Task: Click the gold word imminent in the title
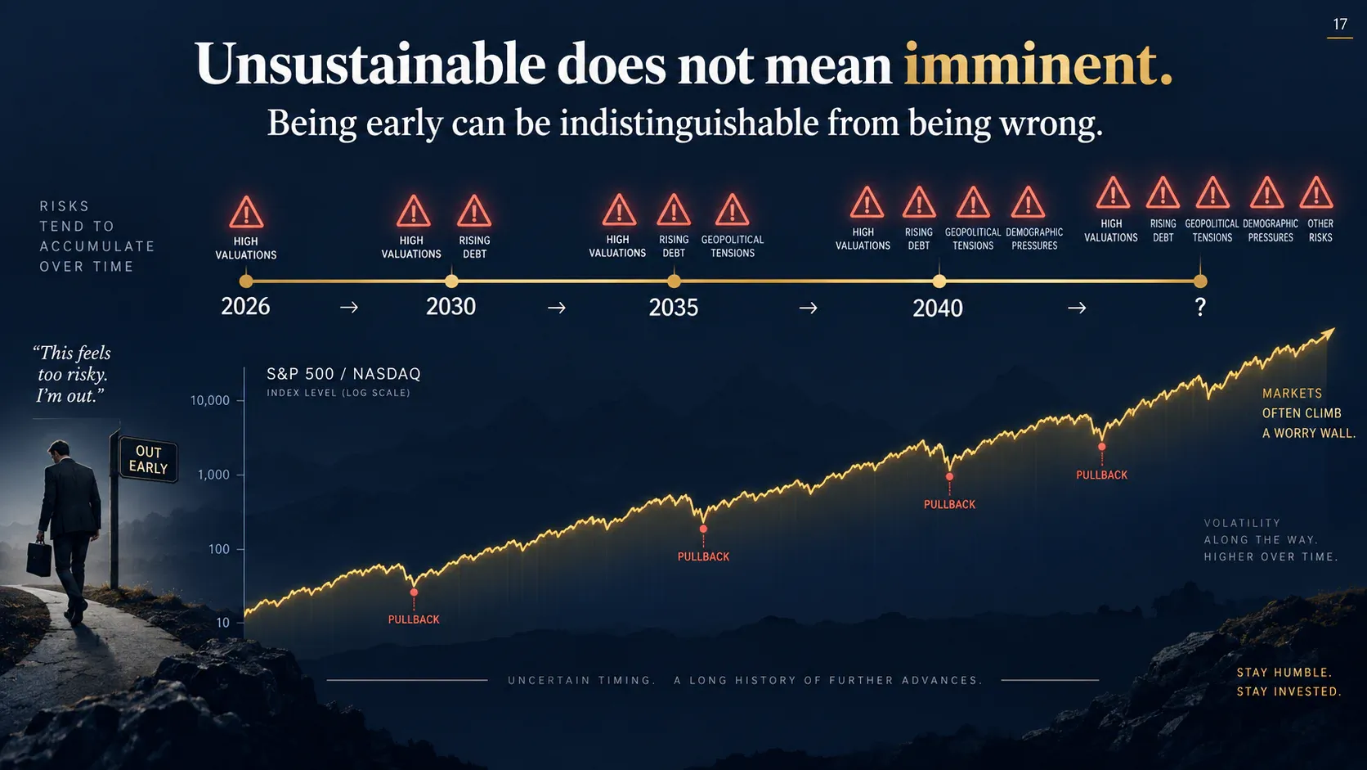pyautogui.click(x=1038, y=64)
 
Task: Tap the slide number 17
pyautogui.click(x=1339, y=25)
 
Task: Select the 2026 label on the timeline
pyautogui.click(x=245, y=307)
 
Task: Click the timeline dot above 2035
pyautogui.click(x=674, y=281)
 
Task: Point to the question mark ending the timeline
pyautogui.click(x=1199, y=307)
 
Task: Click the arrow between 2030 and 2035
pyautogui.click(x=557, y=308)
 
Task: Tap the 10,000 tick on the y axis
pyautogui.click(x=210, y=401)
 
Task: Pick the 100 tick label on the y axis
pyautogui.click(x=219, y=549)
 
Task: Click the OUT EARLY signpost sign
pyautogui.click(x=148, y=460)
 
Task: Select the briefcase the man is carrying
pyautogui.click(x=39, y=558)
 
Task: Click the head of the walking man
pyautogui.click(x=59, y=452)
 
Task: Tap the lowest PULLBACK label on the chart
pyautogui.click(x=414, y=619)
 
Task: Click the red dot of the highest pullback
pyautogui.click(x=1101, y=446)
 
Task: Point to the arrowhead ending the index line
pyautogui.click(x=1328, y=334)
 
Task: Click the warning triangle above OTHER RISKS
pyautogui.click(x=1316, y=194)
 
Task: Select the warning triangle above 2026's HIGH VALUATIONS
pyautogui.click(x=246, y=212)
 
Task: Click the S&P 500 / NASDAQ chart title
pyautogui.click(x=343, y=374)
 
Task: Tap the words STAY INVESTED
pyautogui.click(x=1289, y=691)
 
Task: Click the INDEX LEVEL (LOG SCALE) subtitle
pyautogui.click(x=338, y=393)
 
